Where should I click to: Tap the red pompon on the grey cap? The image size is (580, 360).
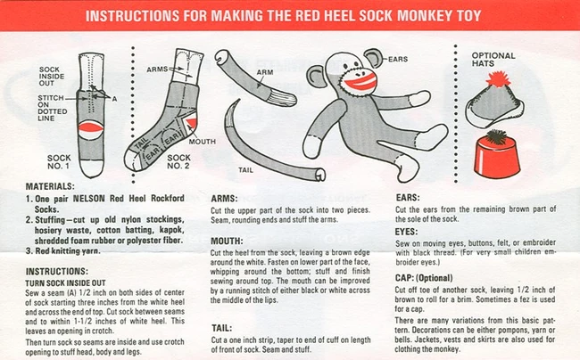click(498, 79)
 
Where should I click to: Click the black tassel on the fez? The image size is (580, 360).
click(495, 136)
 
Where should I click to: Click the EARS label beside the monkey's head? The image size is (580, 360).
click(398, 59)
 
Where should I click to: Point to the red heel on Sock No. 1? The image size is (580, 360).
click(91, 127)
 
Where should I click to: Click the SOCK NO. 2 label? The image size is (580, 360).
click(178, 161)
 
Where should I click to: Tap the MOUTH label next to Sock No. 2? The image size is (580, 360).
click(202, 142)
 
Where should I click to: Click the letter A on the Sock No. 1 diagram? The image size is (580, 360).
click(115, 99)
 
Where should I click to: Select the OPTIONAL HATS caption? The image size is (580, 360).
click(493, 60)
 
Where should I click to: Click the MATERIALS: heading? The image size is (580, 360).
click(50, 186)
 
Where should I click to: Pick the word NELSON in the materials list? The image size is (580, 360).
click(88, 199)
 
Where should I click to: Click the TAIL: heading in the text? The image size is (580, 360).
click(222, 328)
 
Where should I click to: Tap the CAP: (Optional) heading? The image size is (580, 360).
click(424, 278)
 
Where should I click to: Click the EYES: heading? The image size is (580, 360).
click(406, 232)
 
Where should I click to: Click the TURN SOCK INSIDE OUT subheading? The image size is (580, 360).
click(65, 282)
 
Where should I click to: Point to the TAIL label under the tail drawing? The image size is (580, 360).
click(245, 170)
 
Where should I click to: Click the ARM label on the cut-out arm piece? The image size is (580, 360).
click(265, 72)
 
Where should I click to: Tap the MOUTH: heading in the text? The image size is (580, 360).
click(227, 241)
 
